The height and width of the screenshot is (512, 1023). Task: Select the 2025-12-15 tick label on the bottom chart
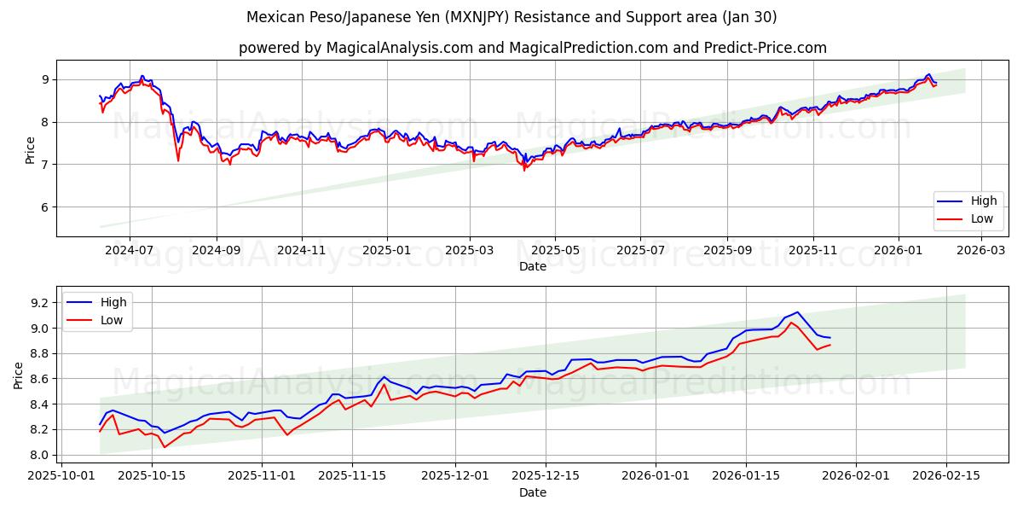[x=544, y=476]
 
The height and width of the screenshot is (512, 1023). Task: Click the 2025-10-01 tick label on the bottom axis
[x=61, y=476]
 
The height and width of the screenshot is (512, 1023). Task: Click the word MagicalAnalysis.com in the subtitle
[x=399, y=48]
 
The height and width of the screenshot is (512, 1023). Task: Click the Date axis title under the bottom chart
[x=532, y=492]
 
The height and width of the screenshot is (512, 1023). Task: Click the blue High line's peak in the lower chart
[x=797, y=312]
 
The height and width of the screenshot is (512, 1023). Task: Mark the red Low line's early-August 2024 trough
[x=178, y=160]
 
